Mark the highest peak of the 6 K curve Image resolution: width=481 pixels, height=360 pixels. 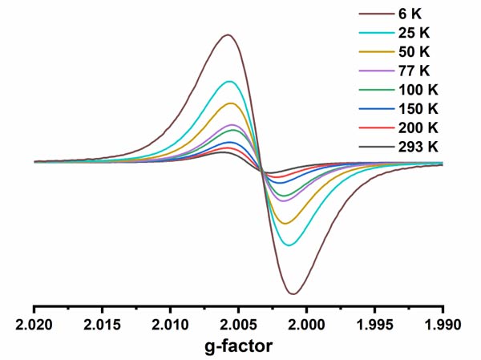tap(228, 34)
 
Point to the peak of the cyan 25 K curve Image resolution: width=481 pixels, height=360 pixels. tap(230, 81)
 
